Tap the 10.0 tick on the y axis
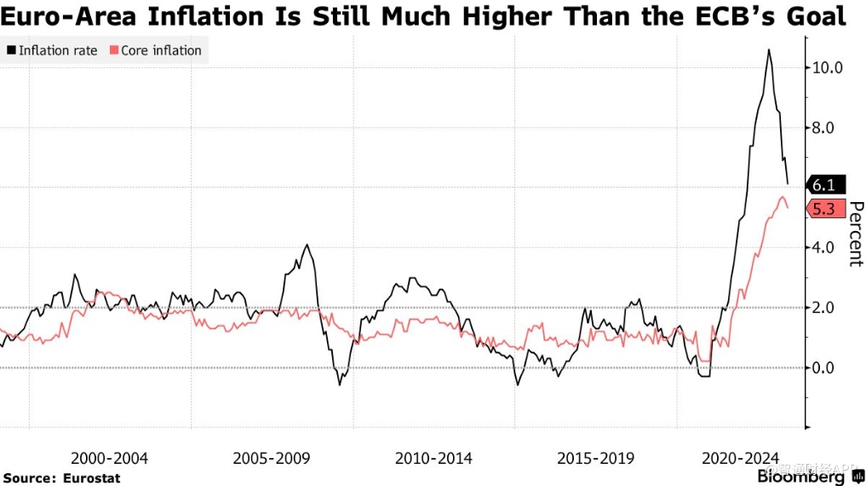[x=826, y=67]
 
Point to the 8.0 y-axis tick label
[x=826, y=128]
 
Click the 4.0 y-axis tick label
[x=826, y=248]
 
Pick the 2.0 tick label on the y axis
[x=826, y=308]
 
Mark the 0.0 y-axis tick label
[x=826, y=368]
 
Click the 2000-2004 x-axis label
[x=109, y=459]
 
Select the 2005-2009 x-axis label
[x=272, y=459]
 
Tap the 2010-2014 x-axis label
[x=433, y=459]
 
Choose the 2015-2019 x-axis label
[x=595, y=459]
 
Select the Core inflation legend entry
[x=156, y=50]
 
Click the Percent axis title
[x=856, y=234]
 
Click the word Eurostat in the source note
[x=92, y=478]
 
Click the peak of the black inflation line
[x=769, y=50]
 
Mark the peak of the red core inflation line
[x=783, y=197]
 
